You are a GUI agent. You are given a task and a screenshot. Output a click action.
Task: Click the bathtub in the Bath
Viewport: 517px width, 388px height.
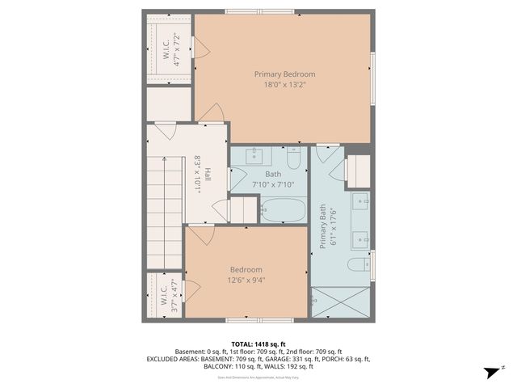coord(283,213)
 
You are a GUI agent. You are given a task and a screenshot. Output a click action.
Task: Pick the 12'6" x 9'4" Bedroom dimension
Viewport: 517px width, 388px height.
coord(246,280)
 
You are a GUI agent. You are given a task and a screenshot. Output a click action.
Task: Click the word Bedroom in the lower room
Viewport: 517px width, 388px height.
coord(246,270)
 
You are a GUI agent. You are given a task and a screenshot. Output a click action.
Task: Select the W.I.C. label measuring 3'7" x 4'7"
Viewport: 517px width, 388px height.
coord(167,297)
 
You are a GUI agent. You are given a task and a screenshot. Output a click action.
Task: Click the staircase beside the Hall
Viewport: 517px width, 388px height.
coord(166,213)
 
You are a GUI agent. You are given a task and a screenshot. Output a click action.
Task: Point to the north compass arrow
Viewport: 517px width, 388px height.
coord(490,371)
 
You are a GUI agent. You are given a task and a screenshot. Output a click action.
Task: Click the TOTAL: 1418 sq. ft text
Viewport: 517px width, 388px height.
coord(258,344)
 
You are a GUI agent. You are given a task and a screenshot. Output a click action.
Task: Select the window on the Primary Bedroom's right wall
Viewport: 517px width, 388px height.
coord(373,78)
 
